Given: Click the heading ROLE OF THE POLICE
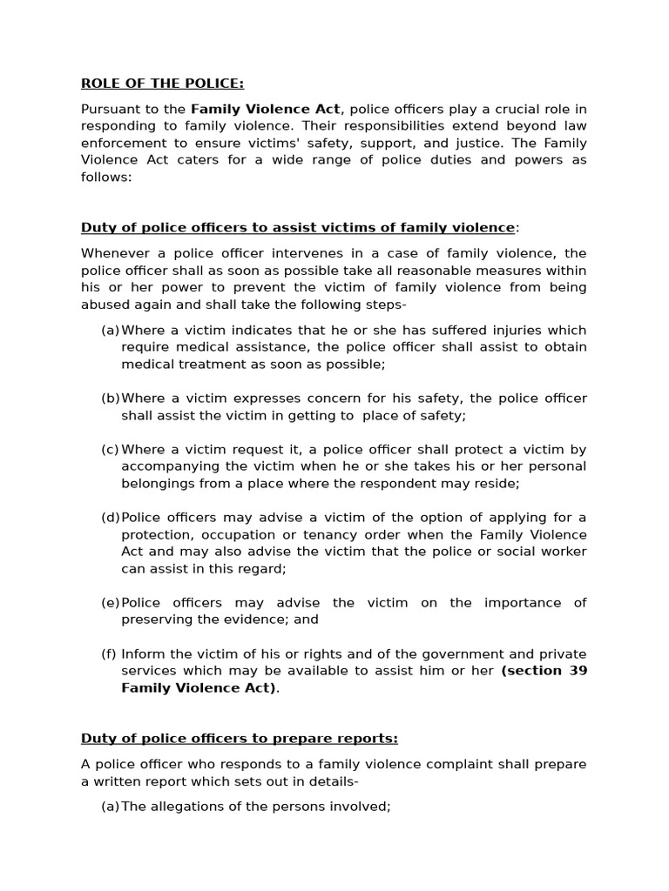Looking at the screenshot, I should [162, 84].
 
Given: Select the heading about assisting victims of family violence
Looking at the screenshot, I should [297, 228].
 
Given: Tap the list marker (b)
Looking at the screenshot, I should [110, 399].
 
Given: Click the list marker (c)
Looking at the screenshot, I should [110, 450].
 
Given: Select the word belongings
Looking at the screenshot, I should [159, 483].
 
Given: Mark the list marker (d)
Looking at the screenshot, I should [110, 518].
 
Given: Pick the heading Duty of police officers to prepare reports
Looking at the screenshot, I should [239, 739].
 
